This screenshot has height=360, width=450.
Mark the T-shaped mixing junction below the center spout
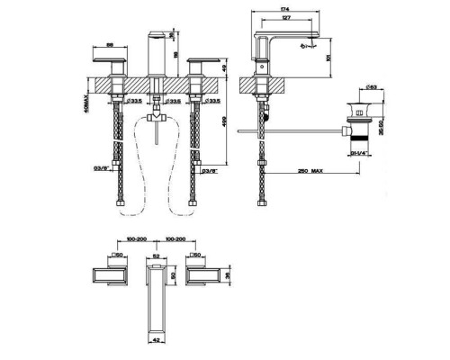(x=157, y=116)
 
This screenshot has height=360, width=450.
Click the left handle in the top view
(x=111, y=275)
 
